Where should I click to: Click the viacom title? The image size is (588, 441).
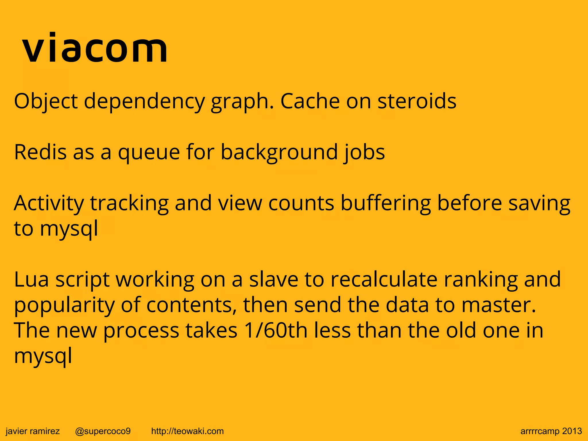[x=95, y=48]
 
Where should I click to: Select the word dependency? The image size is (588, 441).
[x=144, y=101]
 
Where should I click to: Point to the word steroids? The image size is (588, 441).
[x=417, y=101]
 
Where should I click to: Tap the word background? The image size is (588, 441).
[x=279, y=152]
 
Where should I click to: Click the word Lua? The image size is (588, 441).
[x=31, y=279]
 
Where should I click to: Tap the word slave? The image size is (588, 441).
[x=273, y=279]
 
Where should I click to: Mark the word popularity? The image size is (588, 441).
[x=64, y=305]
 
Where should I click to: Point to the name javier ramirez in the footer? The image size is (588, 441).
[x=33, y=431]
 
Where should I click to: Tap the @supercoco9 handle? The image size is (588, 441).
[x=103, y=431]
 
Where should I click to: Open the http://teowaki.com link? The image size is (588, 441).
[x=187, y=431]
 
